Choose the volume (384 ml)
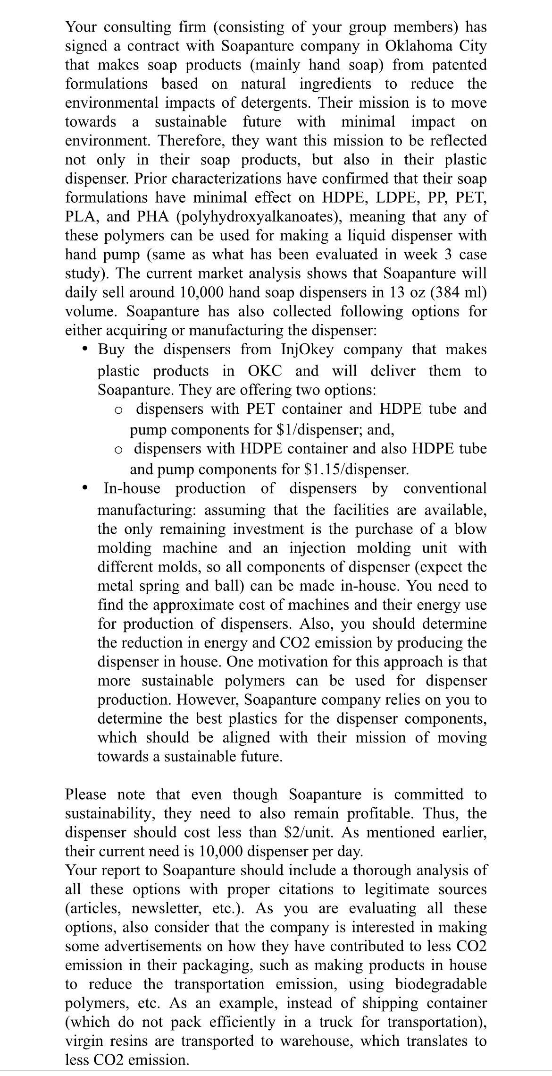455,292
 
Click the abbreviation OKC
265,371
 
